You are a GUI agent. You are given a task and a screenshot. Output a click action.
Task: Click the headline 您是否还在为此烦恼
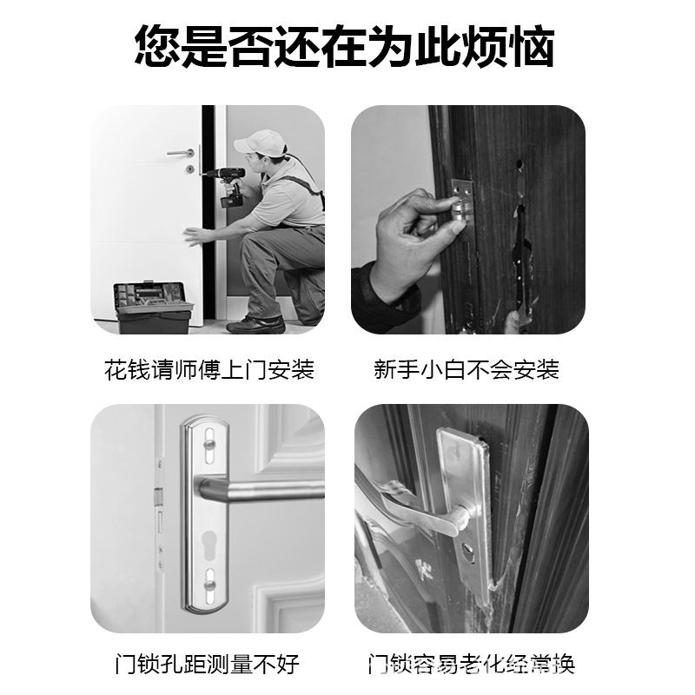(x=345, y=48)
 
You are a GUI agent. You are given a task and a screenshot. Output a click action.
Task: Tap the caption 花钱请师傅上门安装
(x=208, y=369)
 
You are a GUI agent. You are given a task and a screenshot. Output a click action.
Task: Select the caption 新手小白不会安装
(x=467, y=369)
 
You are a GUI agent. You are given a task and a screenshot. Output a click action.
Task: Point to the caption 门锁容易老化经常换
(x=471, y=665)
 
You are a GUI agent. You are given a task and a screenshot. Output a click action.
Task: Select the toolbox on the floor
(x=154, y=306)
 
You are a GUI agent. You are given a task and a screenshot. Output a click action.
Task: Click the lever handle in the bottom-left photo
(x=261, y=492)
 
